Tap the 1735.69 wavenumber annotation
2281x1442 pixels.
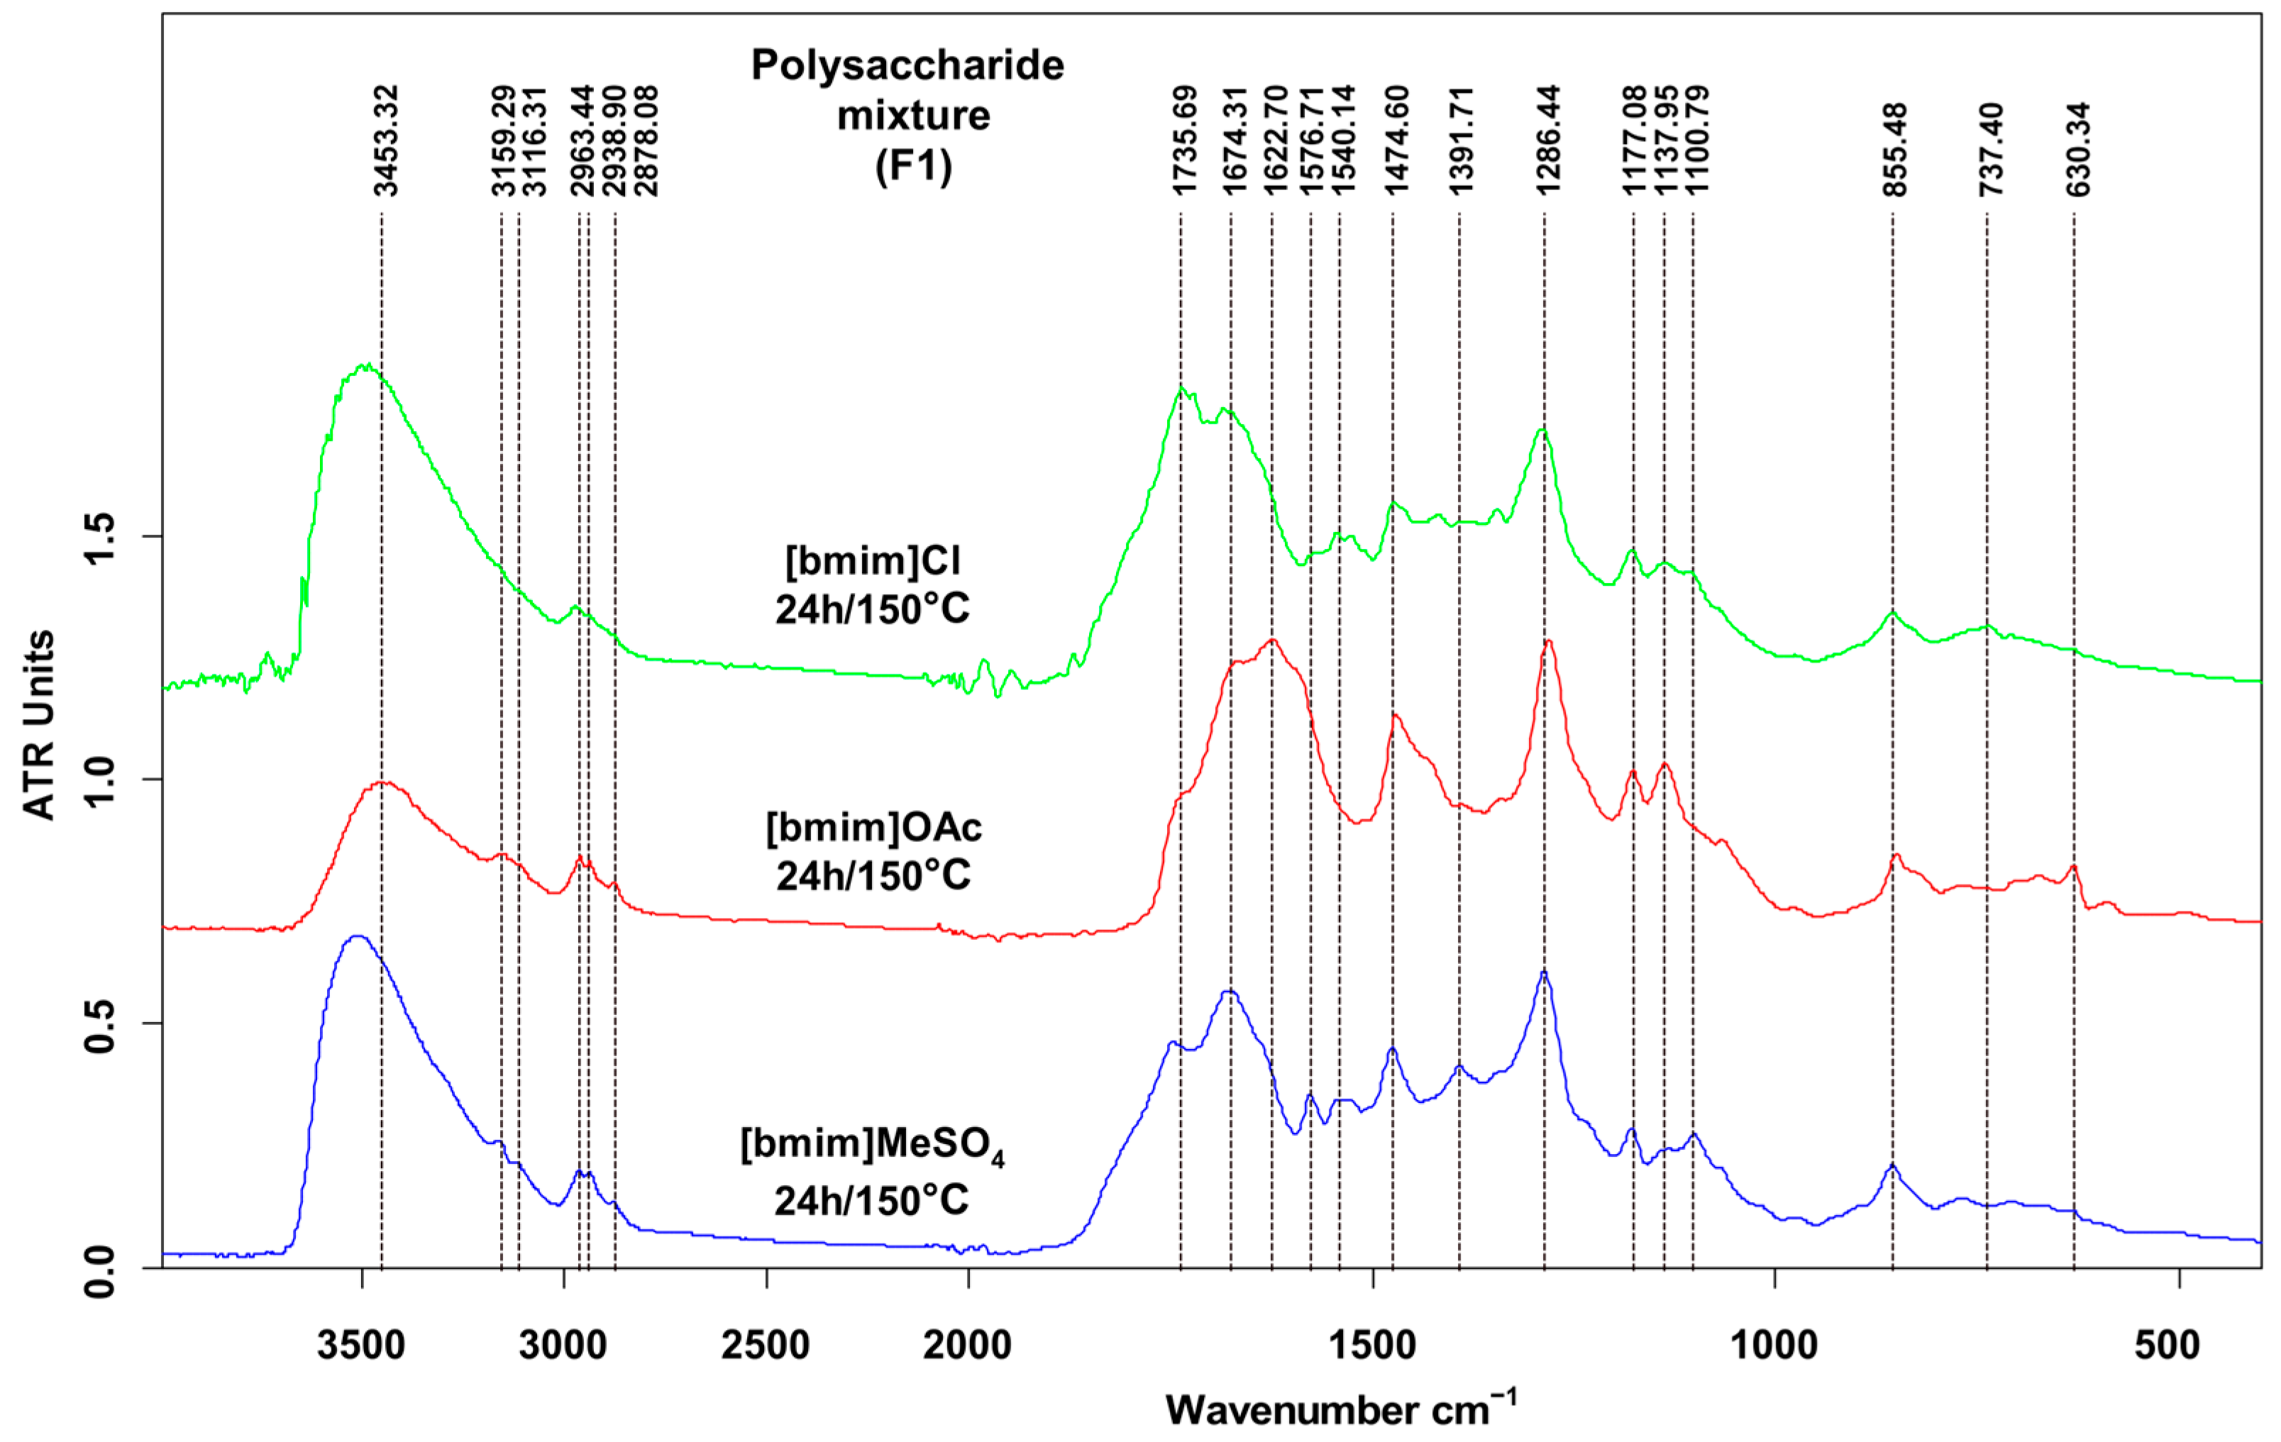point(1185,140)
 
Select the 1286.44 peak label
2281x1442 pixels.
point(1548,140)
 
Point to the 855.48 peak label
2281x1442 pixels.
point(1896,149)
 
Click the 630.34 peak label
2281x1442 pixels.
point(2077,149)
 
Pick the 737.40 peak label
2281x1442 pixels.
point(1991,149)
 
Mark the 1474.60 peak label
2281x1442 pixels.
point(1397,140)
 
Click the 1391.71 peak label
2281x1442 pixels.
point(1462,140)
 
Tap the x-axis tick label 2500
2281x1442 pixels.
point(766,1346)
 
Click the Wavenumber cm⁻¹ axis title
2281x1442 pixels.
point(1340,1409)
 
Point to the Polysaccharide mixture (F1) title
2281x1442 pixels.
point(908,116)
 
